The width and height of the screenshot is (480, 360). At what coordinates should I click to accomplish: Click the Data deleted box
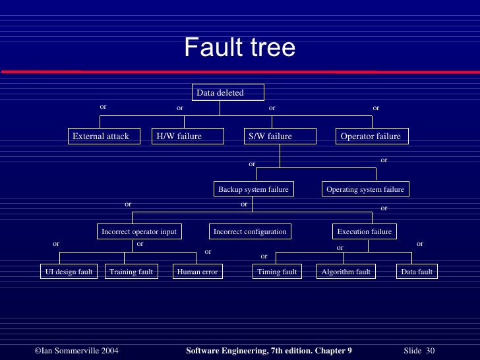228,93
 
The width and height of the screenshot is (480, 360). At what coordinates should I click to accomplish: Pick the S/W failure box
280,136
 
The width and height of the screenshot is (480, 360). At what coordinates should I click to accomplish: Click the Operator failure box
372,136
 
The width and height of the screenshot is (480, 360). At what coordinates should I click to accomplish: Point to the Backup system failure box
254,189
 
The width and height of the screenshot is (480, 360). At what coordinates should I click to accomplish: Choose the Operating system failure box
365,189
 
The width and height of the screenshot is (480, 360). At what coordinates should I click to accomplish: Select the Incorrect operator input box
138,231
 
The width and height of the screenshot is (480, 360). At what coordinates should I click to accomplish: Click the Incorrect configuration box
250,231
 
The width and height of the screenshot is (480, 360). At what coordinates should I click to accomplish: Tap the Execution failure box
364,231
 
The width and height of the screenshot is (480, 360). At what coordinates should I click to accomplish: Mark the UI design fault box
69,272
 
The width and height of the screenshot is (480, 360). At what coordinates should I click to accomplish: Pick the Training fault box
131,272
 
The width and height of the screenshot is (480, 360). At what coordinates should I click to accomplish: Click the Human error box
197,272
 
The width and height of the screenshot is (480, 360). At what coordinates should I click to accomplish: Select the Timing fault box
277,272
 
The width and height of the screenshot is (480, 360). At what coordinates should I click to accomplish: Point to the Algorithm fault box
346,272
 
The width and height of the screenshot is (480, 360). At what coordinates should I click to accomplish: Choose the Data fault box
417,272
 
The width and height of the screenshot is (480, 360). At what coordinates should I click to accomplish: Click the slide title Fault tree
239,47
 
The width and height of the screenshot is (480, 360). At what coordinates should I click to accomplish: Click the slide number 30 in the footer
431,349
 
